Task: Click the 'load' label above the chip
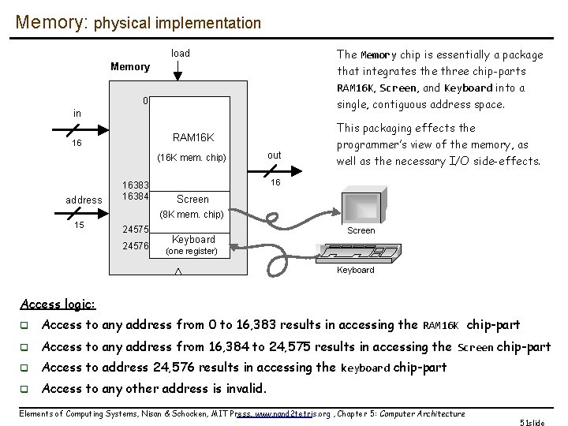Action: (181, 54)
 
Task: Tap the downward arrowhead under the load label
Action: (179, 77)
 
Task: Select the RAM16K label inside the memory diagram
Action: (193, 137)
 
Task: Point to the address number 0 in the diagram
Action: (145, 102)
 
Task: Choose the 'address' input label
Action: (83, 200)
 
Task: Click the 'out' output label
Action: (274, 155)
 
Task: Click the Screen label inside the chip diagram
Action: (192, 200)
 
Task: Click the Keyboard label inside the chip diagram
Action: (193, 240)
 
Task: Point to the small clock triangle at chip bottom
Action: (177, 271)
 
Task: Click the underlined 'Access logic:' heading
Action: (58, 305)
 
